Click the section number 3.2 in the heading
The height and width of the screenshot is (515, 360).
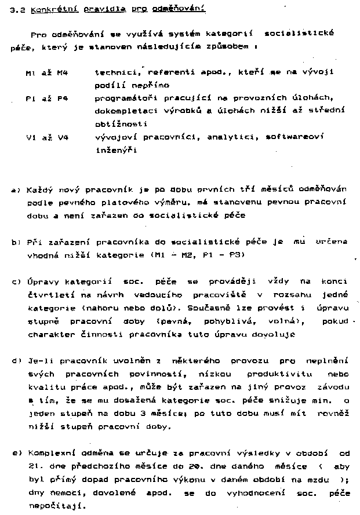(17, 10)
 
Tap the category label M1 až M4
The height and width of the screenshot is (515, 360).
(47, 74)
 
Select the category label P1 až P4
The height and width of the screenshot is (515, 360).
(47, 99)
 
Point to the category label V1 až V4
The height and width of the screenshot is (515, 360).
(47, 137)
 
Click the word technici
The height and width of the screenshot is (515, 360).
(115, 73)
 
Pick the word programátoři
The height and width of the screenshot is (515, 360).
(122, 98)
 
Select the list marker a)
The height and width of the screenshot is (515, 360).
(16, 190)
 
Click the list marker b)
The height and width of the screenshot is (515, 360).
(16, 242)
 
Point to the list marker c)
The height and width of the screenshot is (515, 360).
(16, 282)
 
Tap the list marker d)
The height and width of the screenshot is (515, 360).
(16, 360)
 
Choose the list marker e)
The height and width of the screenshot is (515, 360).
(16, 452)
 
